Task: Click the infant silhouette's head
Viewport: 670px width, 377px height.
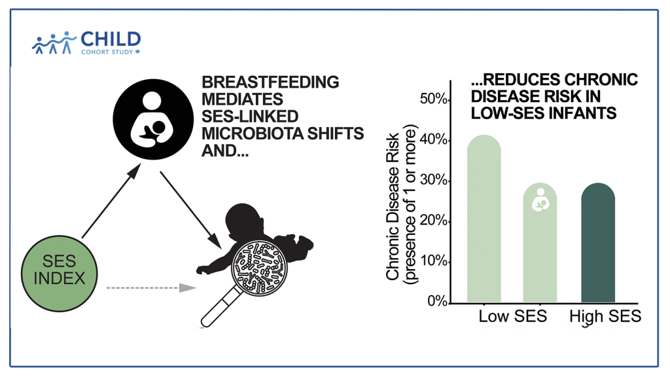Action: point(239,219)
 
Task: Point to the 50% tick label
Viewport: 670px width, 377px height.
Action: point(434,99)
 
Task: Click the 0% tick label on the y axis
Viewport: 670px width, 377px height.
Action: point(437,302)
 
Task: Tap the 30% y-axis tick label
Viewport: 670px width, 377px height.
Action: point(434,181)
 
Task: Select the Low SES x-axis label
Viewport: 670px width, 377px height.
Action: point(512,317)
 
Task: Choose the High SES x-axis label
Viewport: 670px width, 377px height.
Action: point(605,317)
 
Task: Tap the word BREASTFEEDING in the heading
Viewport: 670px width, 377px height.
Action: point(270,82)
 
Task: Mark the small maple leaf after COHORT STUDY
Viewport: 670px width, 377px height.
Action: point(138,51)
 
